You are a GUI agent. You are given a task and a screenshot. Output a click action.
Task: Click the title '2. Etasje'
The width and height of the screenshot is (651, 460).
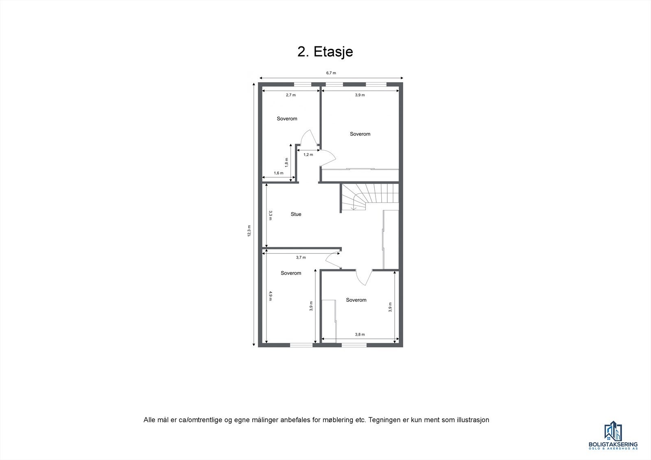tap(325, 52)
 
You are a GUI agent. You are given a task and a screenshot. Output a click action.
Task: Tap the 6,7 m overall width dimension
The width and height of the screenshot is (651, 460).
tap(331, 73)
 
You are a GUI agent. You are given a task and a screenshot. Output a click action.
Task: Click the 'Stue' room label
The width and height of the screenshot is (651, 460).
tap(296, 214)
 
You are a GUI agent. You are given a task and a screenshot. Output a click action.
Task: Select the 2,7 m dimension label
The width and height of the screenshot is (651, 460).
tap(291, 95)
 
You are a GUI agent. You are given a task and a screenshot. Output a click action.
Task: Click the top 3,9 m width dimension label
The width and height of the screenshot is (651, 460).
tap(360, 95)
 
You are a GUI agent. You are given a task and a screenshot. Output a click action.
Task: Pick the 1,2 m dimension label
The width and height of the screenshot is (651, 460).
tap(308, 155)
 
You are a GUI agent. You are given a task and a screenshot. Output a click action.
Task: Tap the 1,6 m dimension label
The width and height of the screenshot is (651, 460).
tap(278, 173)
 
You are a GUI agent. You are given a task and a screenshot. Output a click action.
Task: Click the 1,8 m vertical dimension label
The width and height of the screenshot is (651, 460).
tap(286, 162)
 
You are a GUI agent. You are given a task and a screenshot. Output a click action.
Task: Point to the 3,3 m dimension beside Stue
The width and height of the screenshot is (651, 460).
tap(270, 215)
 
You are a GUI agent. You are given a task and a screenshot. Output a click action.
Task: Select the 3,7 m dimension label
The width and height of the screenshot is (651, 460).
tap(301, 257)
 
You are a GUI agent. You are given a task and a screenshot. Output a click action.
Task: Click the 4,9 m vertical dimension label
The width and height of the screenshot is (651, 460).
tap(270, 296)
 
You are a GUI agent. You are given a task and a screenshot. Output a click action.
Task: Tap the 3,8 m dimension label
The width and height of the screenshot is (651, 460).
tap(360, 334)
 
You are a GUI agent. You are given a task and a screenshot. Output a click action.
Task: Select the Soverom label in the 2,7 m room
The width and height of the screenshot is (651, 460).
tap(287, 119)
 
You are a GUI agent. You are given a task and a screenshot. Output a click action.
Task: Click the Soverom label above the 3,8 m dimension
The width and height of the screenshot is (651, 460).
tap(356, 300)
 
